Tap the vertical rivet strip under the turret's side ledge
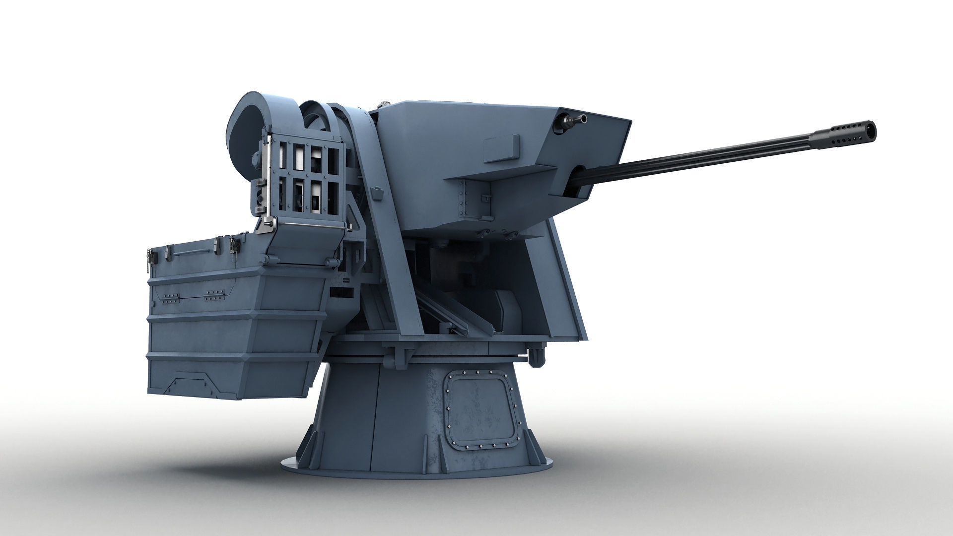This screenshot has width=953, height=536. coord(465,199)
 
